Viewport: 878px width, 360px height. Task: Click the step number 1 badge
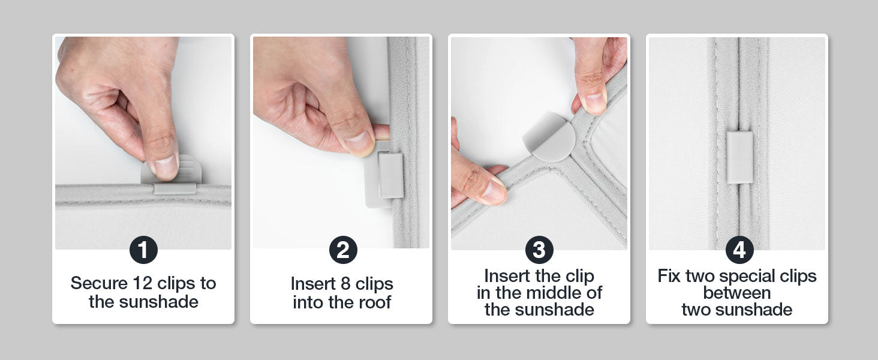143,250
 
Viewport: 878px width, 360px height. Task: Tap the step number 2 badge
343,250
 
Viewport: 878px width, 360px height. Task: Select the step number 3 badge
539,250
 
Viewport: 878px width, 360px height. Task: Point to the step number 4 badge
739,250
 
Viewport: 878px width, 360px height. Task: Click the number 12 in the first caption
142,283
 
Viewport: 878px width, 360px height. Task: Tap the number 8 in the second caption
345,284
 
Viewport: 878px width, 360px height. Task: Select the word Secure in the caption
99,283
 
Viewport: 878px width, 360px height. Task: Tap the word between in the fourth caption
737,293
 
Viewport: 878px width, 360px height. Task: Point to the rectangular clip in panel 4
739,157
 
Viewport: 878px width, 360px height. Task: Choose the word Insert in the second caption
313,284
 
